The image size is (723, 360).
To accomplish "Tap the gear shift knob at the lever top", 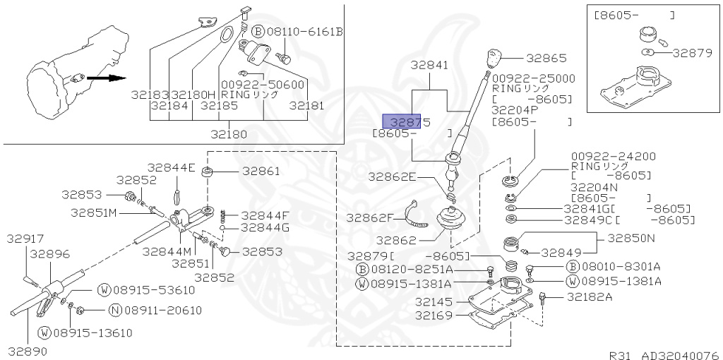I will coord(494,56).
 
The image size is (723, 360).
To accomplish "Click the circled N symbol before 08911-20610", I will coord(114,310).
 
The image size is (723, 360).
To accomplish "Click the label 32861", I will coord(261,171).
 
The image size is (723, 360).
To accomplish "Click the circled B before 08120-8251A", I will coord(362,270).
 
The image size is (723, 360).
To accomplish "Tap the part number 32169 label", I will coord(432,315).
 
